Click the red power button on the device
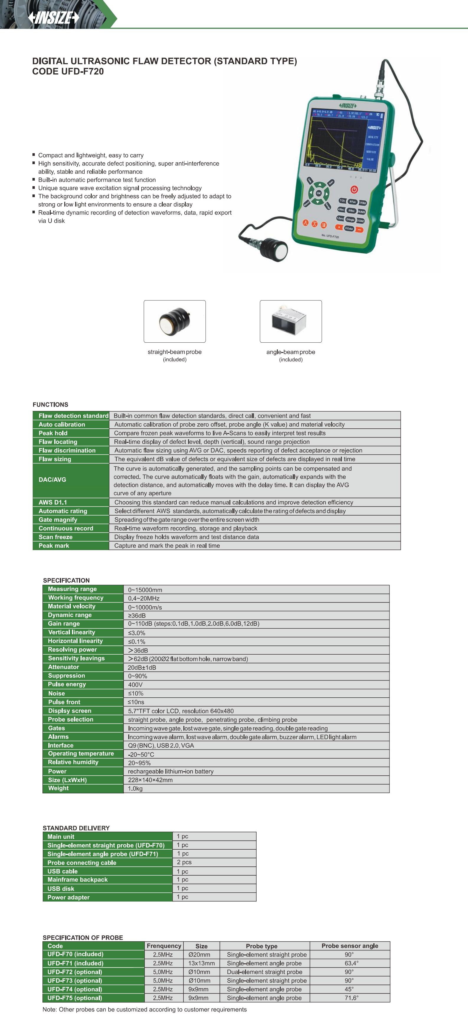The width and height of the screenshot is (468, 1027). [x=354, y=189]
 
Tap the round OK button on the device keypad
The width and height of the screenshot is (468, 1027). [x=318, y=193]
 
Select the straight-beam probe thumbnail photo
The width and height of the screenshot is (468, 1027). [x=175, y=321]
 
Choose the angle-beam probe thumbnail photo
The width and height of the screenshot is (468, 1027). [x=290, y=321]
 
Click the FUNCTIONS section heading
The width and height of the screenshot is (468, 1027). [x=50, y=404]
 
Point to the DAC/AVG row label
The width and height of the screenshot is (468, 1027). [x=52, y=480]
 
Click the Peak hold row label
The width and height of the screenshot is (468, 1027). [x=53, y=433]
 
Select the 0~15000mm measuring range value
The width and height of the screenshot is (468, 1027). [x=145, y=590]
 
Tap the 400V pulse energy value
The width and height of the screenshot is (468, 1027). [x=135, y=685]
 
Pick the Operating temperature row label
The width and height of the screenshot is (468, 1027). [x=81, y=754]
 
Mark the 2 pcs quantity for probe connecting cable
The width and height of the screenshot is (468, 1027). [x=184, y=862]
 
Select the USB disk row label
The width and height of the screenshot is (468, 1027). [x=61, y=889]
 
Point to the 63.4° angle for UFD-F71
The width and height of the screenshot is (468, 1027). [x=352, y=963]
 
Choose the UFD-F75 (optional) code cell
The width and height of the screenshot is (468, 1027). [x=75, y=998]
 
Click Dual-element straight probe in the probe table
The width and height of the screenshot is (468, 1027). [x=265, y=972]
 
